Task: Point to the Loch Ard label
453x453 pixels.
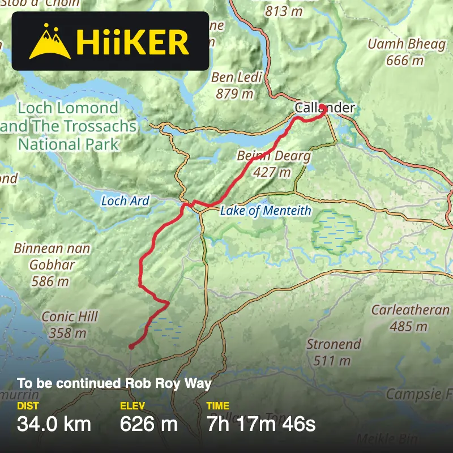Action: [125, 200]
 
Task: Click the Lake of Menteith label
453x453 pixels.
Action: [266, 211]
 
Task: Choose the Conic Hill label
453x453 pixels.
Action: [70, 324]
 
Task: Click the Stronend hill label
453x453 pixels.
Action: [334, 351]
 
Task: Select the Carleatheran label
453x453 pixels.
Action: [410, 318]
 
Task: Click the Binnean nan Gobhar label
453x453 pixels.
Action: [52, 264]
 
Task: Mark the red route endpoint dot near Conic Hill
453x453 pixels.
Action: [131, 346]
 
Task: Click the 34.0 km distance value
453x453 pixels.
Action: [54, 423]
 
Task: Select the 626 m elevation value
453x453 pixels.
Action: [149, 423]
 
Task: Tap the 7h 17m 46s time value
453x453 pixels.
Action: [260, 423]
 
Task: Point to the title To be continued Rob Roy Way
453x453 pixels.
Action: [114, 383]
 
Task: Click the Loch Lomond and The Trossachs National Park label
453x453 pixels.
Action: [69, 126]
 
